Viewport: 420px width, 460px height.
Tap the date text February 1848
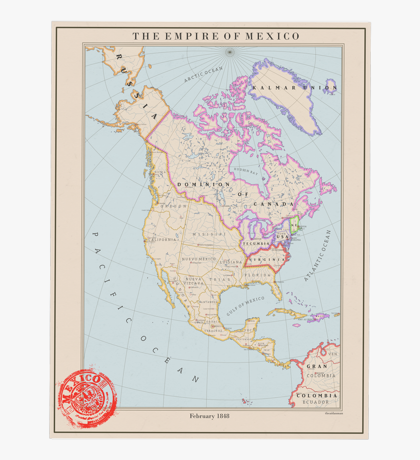click(210, 416)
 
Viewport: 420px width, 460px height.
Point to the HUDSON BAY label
click(246, 170)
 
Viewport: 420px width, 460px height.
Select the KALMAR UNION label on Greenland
click(294, 88)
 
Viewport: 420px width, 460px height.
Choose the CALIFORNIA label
click(162, 240)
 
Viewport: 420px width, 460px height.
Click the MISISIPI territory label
click(209, 234)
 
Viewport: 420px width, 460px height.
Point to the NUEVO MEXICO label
click(199, 259)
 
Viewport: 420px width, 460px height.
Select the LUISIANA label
click(231, 262)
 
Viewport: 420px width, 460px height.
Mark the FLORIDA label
click(257, 275)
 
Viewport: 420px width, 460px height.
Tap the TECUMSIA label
click(256, 244)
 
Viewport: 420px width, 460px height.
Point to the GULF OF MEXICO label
click(245, 306)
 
